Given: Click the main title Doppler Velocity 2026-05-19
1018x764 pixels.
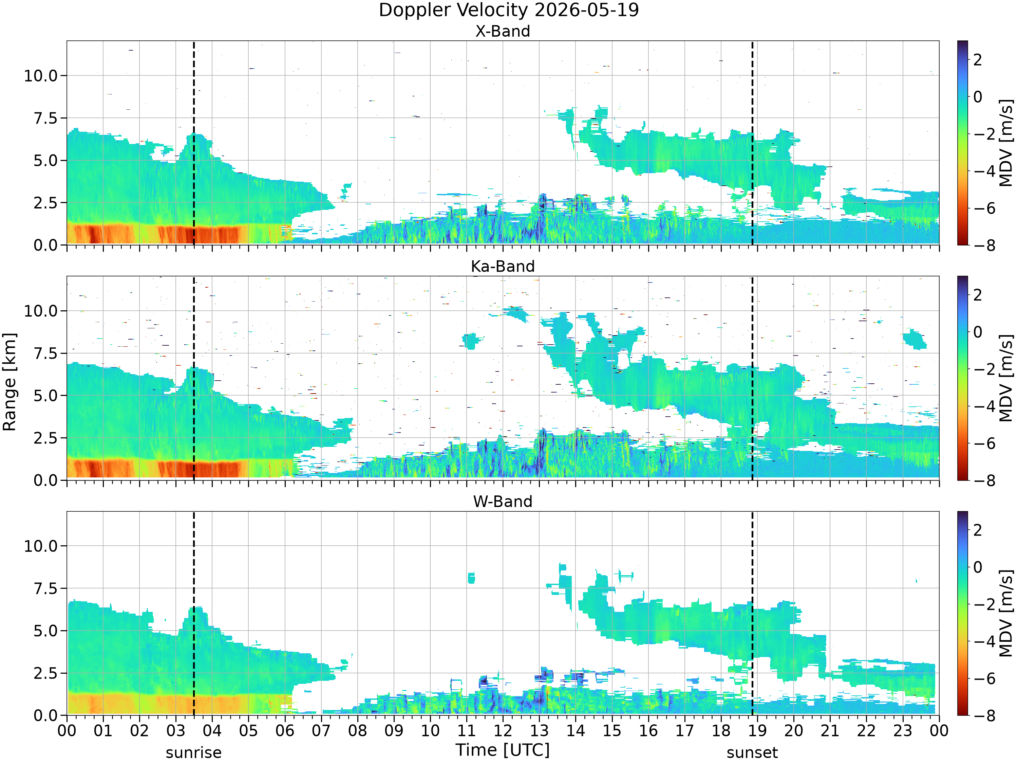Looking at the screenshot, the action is click(x=509, y=10).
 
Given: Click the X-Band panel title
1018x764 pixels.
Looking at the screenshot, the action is click(x=503, y=31).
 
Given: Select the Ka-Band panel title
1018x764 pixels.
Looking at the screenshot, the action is click(x=503, y=266).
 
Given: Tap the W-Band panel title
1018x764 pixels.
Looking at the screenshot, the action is click(x=503, y=502).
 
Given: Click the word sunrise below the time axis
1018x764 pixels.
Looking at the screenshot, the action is click(x=194, y=753).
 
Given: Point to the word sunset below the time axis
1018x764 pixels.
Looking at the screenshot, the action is click(x=752, y=753).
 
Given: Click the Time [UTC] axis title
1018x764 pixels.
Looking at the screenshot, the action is click(x=503, y=750).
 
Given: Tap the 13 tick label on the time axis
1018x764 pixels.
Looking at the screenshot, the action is click(x=540, y=730).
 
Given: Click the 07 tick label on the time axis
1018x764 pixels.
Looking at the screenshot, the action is click(x=321, y=730).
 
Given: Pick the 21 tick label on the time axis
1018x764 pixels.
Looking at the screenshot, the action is click(x=830, y=730).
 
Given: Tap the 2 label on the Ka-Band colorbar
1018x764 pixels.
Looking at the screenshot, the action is click(x=978, y=295).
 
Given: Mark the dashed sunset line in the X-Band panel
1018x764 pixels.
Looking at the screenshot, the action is click(x=752, y=143).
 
